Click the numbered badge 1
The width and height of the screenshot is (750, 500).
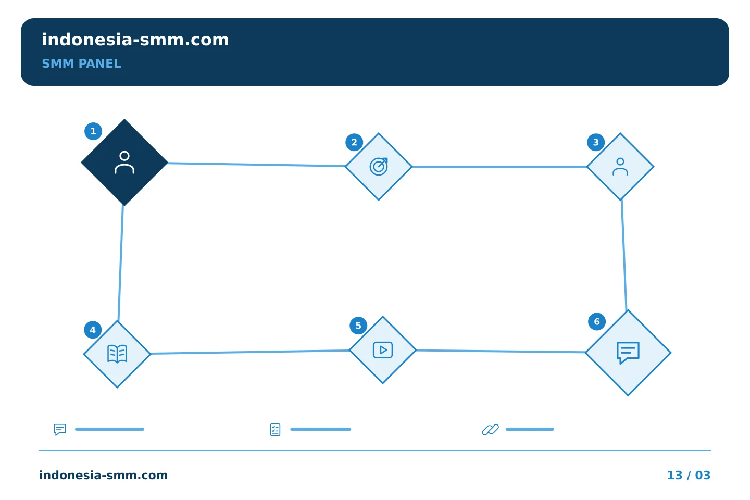point(93,131)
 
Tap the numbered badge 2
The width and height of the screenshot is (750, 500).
point(354,142)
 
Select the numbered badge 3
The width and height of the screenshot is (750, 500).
point(596,142)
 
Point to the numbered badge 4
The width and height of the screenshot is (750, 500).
point(93,330)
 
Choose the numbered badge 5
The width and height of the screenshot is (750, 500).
point(358,326)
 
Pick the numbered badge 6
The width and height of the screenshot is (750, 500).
point(597,322)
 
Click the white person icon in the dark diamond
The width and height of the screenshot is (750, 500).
point(124,162)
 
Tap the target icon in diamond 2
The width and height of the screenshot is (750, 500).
point(379,167)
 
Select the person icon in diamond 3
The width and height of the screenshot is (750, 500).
point(620,167)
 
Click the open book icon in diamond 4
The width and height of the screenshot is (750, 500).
point(117,354)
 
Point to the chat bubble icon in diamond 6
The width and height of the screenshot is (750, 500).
point(628,353)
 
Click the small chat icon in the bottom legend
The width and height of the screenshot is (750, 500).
point(60,430)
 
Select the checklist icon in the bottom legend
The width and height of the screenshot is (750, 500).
point(275,430)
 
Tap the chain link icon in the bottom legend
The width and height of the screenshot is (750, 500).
point(491,430)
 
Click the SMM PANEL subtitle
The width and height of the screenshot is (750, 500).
point(81,64)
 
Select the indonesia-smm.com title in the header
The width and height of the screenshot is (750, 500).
point(135,40)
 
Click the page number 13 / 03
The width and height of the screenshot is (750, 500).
point(689,475)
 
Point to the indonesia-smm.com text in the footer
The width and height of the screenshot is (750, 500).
point(104,475)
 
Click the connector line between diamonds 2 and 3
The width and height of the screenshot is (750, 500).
point(499,167)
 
